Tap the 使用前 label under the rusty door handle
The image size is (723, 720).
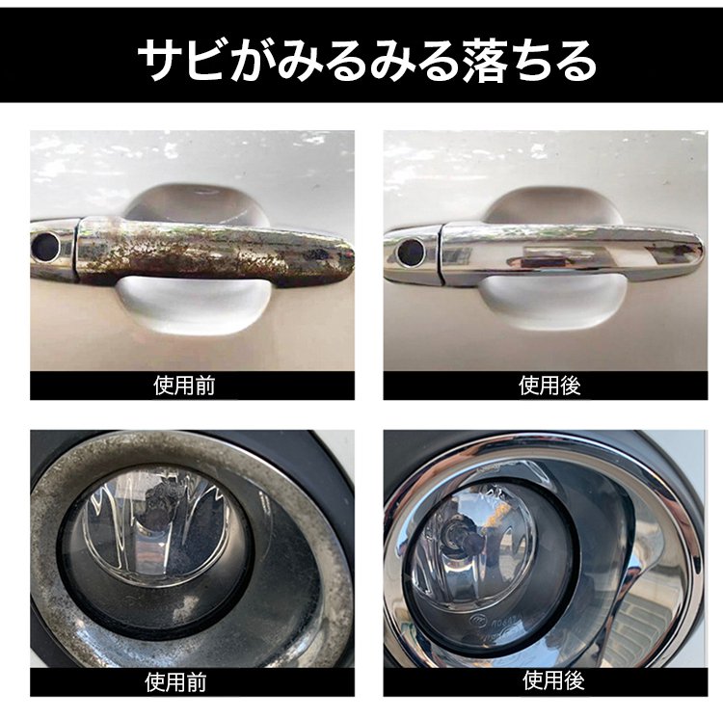[184, 386]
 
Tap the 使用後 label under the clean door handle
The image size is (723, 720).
[549, 386]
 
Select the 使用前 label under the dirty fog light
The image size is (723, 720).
[175, 682]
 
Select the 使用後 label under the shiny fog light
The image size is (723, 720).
[553, 680]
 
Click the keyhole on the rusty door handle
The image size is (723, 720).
[45, 246]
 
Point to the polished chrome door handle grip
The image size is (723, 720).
[571, 253]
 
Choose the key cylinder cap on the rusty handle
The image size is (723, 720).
[52, 249]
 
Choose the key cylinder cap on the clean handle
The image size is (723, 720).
[412, 253]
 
